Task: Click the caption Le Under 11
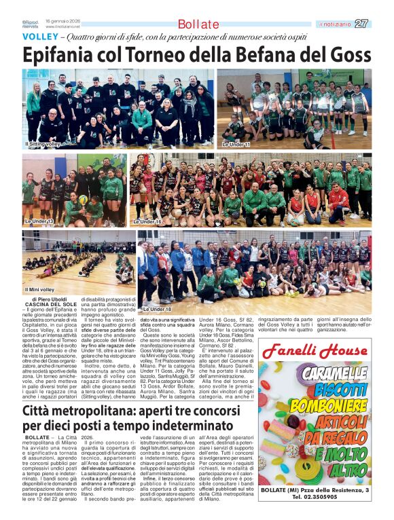pyautogui.click(x=236, y=145)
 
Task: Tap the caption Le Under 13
pyautogui.click(x=39, y=221)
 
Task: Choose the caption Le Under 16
pyautogui.click(x=147, y=221)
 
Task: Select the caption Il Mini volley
pyautogui.click(x=40, y=290)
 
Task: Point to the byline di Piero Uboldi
pyautogui.click(x=50, y=299)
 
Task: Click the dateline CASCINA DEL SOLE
pyautogui.click(x=50, y=305)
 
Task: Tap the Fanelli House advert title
pyautogui.click(x=314, y=351)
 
